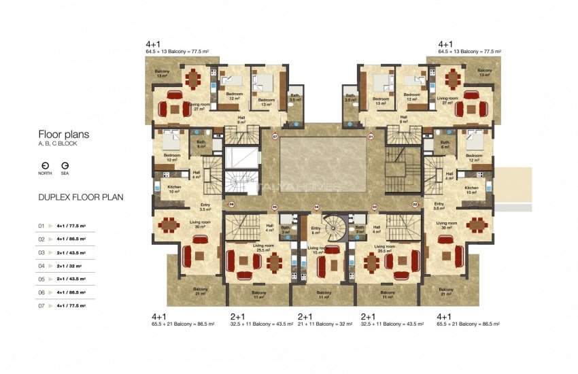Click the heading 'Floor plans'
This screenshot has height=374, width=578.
[63, 135]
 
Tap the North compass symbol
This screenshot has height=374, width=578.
[45, 165]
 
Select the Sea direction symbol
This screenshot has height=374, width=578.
[65, 165]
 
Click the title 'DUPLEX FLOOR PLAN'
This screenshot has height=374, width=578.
[80, 199]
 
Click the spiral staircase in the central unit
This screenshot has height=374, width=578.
[333, 227]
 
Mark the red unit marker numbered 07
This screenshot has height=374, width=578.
[275, 137]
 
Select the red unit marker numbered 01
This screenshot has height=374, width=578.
[371, 137]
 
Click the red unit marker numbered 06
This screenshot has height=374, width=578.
[231, 204]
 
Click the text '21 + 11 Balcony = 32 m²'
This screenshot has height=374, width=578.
[325, 325]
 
